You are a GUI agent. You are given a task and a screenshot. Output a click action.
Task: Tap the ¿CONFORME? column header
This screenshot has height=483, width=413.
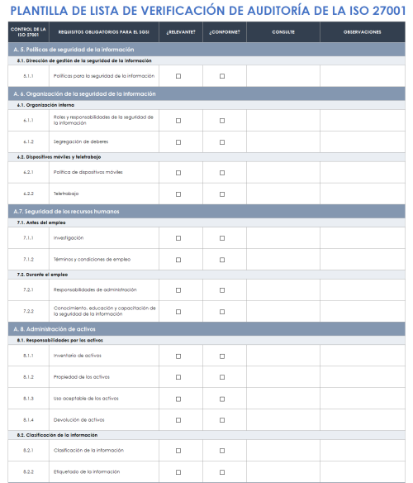[223, 31]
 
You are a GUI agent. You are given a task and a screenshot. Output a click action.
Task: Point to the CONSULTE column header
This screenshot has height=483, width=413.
[282, 31]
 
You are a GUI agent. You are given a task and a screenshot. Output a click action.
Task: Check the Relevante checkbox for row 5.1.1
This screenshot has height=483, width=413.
[178, 76]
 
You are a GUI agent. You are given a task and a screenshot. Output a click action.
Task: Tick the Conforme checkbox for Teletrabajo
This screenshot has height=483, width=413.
[223, 194]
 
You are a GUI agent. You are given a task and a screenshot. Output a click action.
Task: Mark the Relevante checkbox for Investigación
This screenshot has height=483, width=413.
[178, 237]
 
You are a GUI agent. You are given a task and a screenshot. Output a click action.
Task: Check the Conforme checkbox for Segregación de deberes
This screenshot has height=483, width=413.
[223, 141]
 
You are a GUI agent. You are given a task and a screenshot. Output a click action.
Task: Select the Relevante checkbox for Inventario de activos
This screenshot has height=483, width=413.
[178, 355]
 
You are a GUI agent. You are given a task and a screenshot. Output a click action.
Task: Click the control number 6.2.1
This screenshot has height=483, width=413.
[28, 172]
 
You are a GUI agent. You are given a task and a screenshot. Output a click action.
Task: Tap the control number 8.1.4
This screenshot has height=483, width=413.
[28, 419]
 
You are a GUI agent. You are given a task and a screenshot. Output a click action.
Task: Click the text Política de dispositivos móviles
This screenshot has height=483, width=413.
[88, 172]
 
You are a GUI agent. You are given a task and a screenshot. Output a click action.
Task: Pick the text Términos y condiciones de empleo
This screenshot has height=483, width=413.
[92, 259]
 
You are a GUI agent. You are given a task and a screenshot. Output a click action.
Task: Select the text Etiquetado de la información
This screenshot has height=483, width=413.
[86, 471]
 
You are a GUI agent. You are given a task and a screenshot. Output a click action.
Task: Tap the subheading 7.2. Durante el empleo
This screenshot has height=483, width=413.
[45, 274]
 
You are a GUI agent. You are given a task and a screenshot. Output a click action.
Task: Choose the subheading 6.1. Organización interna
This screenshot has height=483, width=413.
[45, 105]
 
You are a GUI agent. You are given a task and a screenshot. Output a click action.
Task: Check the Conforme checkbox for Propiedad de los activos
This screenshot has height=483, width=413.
[223, 376]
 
